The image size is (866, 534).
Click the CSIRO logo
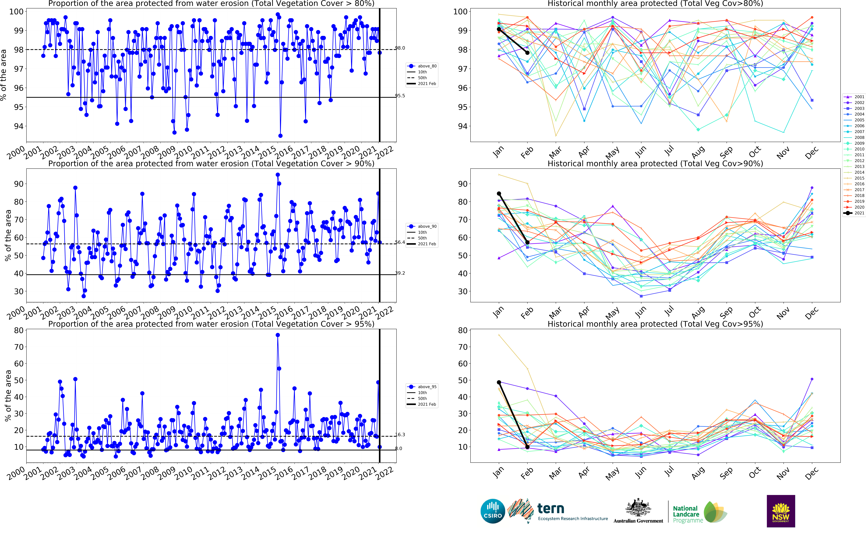click(493, 511)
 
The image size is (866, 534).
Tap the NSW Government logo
click(781, 511)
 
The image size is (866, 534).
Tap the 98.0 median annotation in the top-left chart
click(400, 48)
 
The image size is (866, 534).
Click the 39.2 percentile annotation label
click(400, 273)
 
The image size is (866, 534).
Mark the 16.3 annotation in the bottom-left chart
click(400, 435)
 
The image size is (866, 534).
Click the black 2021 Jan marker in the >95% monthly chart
click(499, 382)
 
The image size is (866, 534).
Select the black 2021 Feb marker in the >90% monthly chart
click(527, 242)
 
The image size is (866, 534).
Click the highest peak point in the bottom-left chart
click(278, 335)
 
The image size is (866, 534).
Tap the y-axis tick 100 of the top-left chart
click(16, 12)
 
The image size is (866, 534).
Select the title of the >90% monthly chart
click(655, 164)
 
